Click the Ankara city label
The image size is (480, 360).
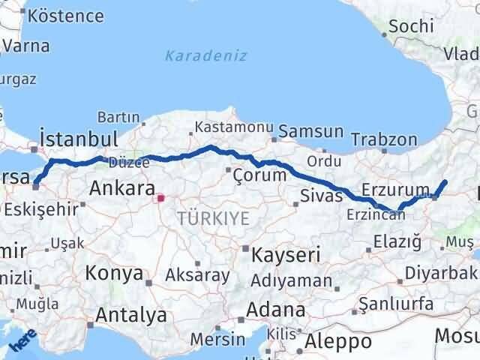(x=122, y=187)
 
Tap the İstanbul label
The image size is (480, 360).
(x=79, y=139)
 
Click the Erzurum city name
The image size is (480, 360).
(x=395, y=189)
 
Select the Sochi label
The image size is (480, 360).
(x=412, y=25)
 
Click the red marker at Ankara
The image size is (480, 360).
(x=160, y=199)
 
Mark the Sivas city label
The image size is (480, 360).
(x=321, y=196)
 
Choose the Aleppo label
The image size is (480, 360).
(x=340, y=341)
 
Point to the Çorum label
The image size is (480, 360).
(x=259, y=175)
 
